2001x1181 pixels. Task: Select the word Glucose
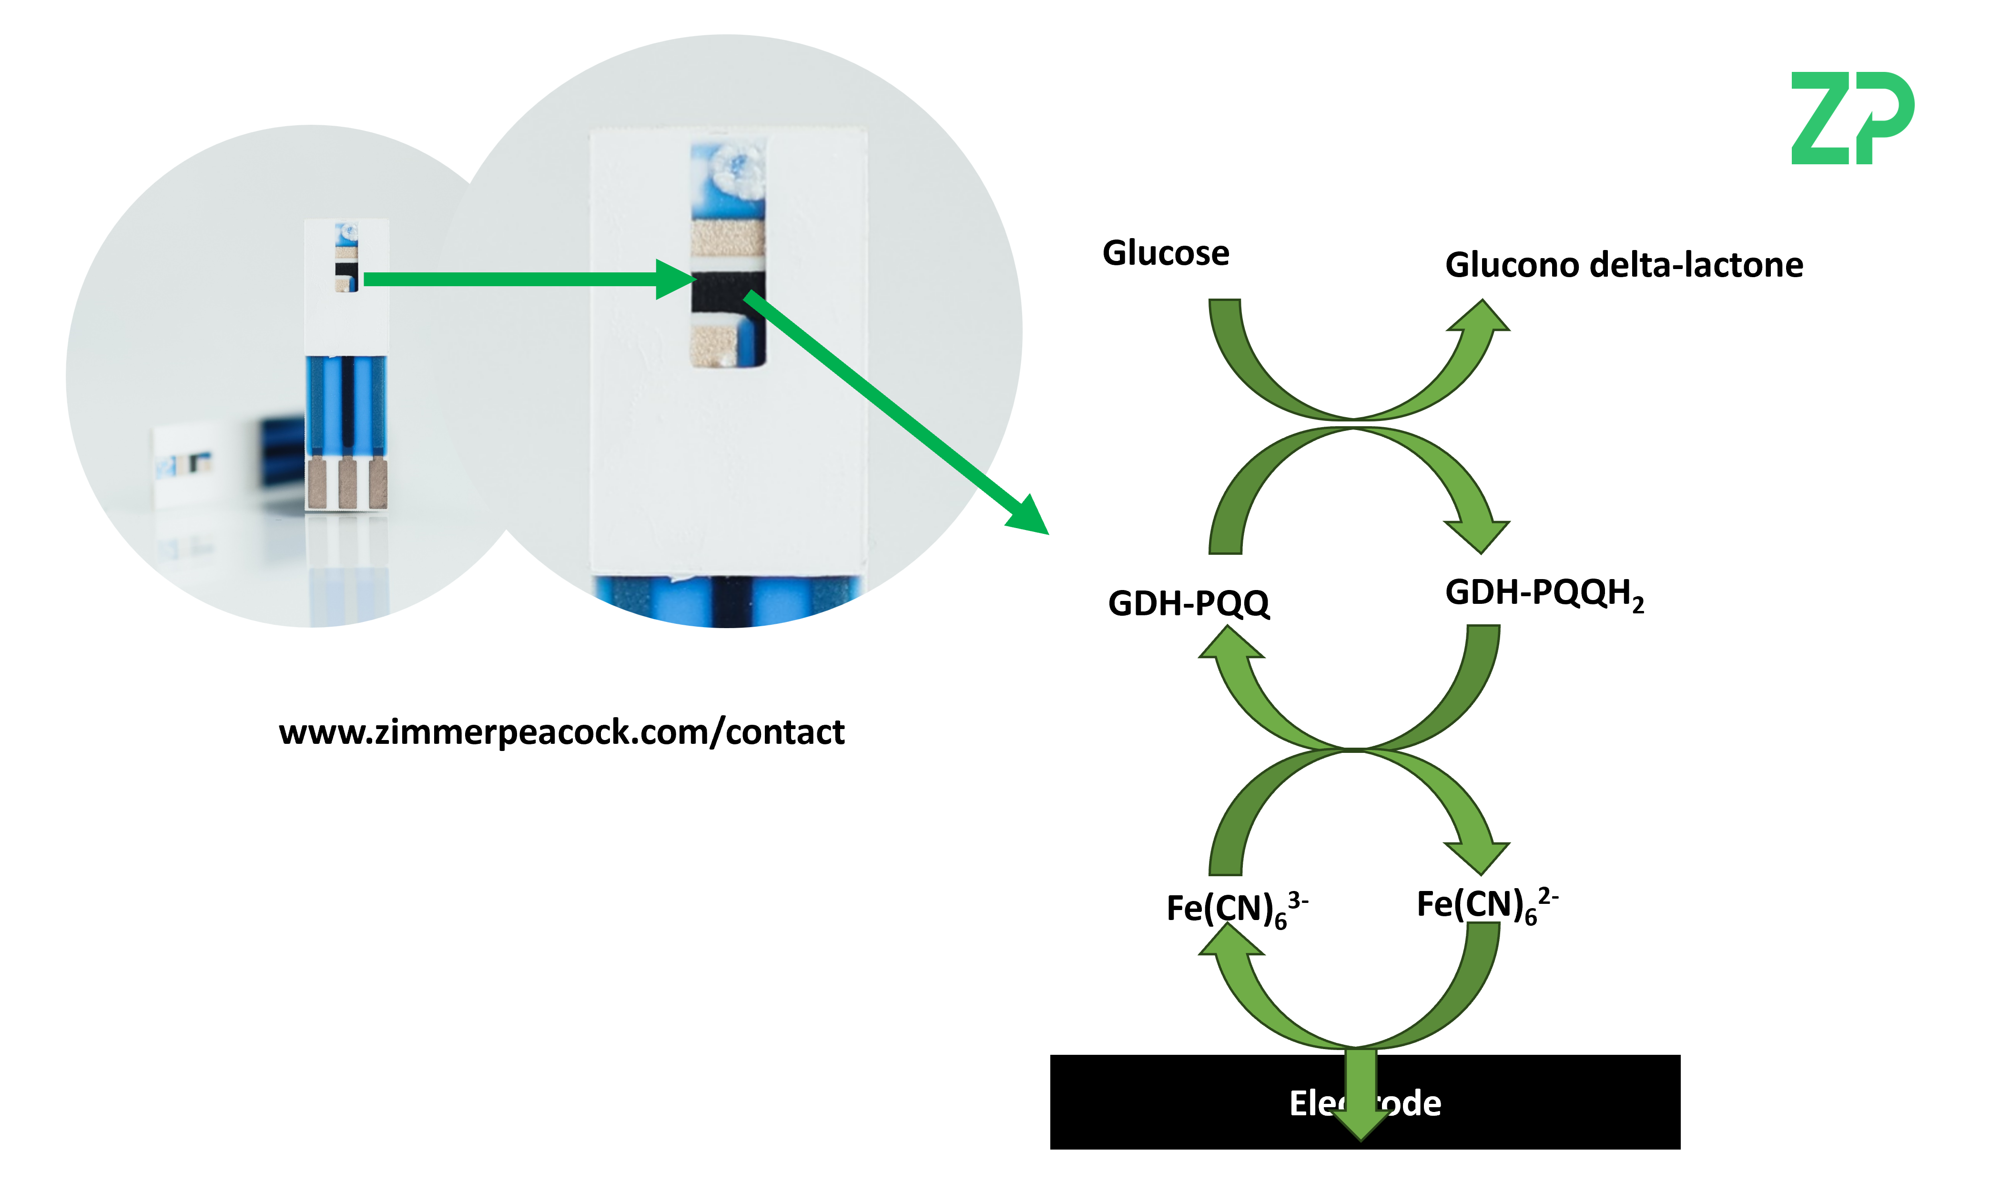[x=1166, y=253]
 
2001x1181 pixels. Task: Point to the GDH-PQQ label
[x=1188, y=603]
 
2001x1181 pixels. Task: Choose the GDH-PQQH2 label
[x=1543, y=594]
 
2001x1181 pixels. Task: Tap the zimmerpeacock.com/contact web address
[x=561, y=732]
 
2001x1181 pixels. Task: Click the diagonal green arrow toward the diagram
[x=892, y=410]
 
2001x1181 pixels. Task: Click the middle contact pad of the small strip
[x=347, y=483]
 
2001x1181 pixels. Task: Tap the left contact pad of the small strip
[x=317, y=483]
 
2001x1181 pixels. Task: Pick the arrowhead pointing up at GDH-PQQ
[x=1230, y=643]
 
